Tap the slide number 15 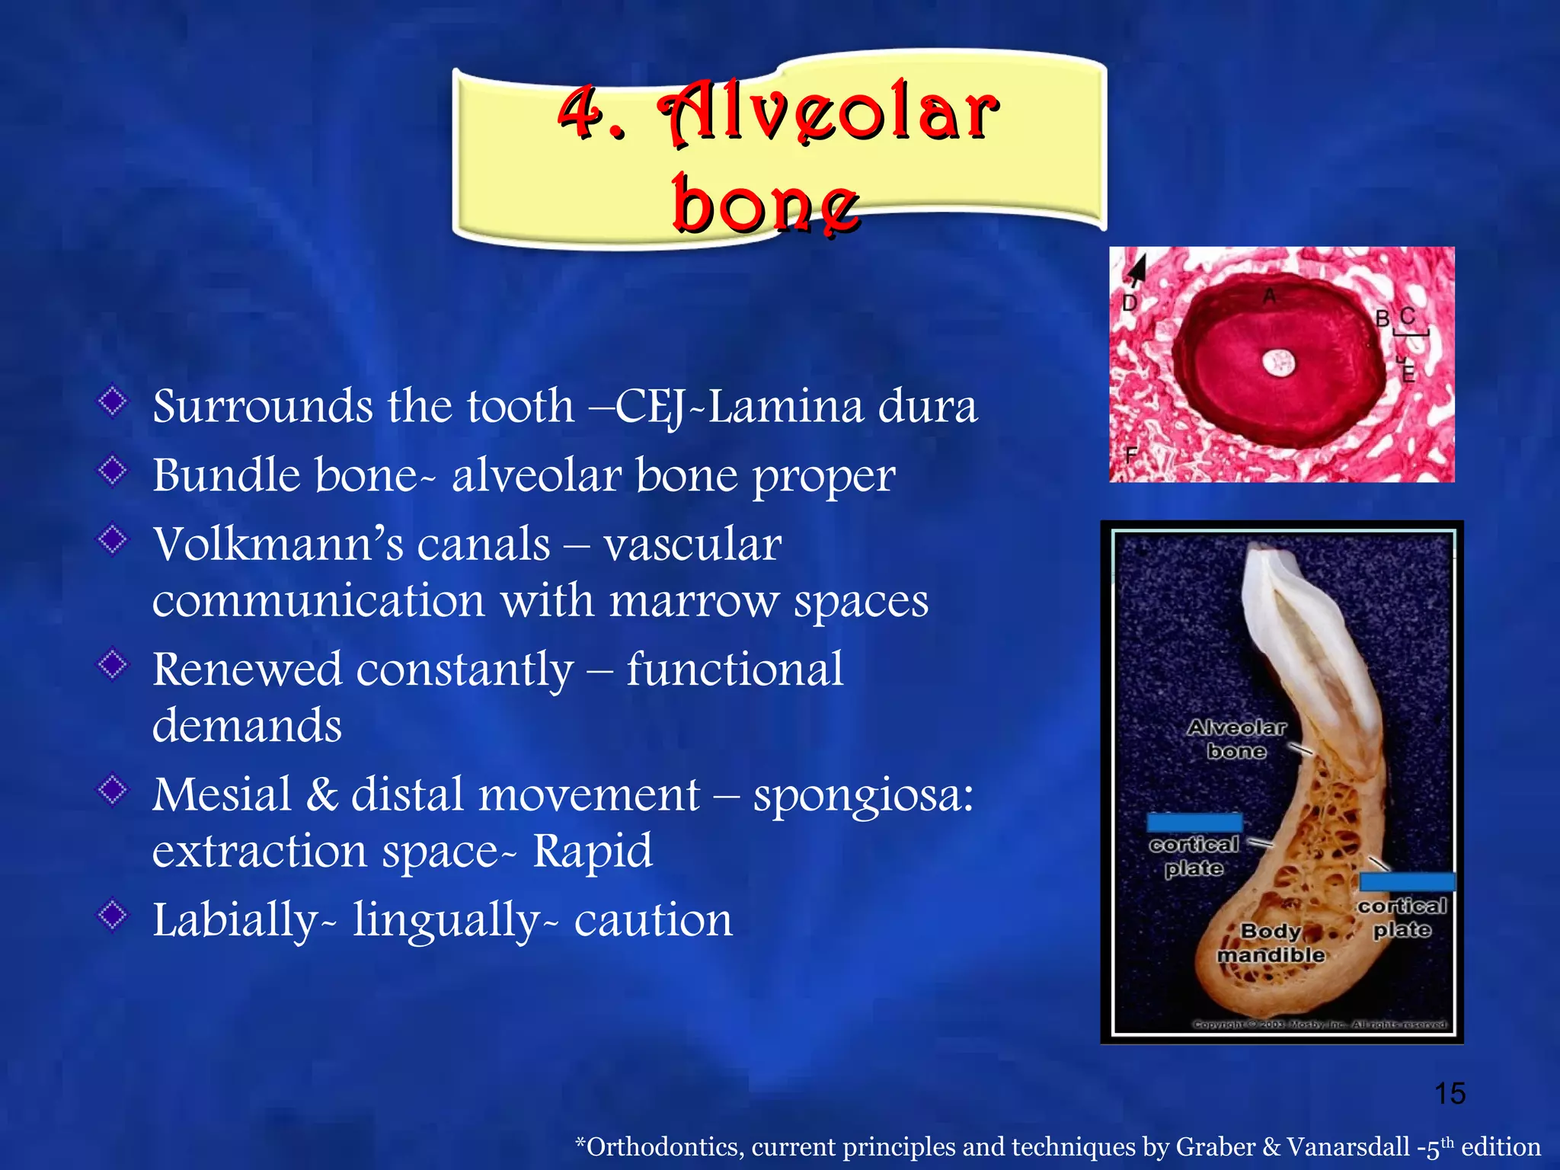1450,1093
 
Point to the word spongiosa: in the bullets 863,794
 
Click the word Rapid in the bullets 592,850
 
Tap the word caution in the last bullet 653,919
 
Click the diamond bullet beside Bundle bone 113,470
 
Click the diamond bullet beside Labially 113,915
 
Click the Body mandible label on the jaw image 1271,943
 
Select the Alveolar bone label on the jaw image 1236,739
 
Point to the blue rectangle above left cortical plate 1194,822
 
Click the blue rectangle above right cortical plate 1406,881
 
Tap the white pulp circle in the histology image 1278,363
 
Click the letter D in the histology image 1130,303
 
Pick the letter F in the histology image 1131,456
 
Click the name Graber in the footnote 1215,1146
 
